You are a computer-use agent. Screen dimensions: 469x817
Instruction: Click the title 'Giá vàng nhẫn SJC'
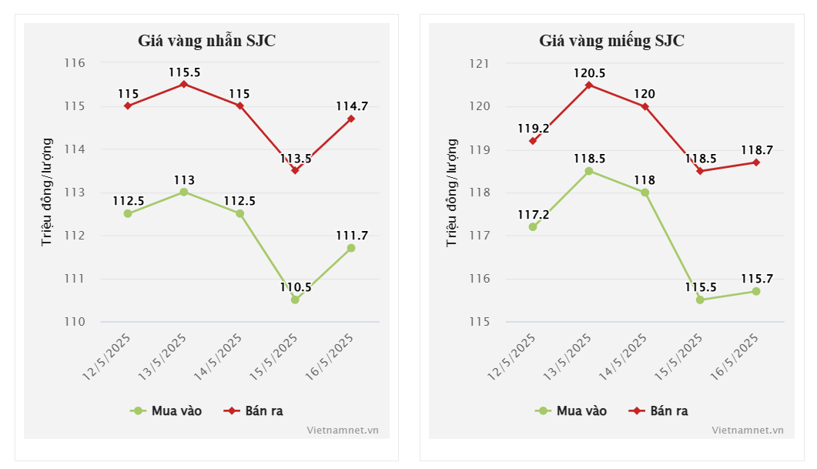(x=206, y=41)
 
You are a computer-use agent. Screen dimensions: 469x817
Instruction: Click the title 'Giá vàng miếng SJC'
(x=611, y=41)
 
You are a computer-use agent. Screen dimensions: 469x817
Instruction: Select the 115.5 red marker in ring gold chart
(x=183, y=84)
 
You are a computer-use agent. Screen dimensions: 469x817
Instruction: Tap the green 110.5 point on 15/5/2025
(x=295, y=300)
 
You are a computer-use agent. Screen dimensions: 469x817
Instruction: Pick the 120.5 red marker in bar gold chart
(x=588, y=85)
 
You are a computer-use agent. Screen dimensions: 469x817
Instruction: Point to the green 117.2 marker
(x=533, y=226)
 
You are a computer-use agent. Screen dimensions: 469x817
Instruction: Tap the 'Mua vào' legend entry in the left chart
(x=166, y=410)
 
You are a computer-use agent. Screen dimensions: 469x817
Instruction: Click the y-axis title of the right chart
(x=452, y=193)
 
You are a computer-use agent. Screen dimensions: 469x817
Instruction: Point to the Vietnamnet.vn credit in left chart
(x=342, y=430)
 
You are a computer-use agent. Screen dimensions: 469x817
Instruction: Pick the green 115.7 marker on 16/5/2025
(x=756, y=291)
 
